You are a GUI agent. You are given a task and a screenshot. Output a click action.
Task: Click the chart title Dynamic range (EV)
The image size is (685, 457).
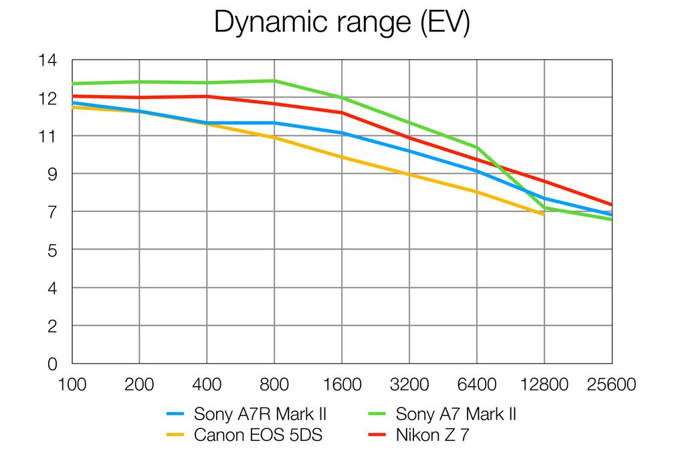pyautogui.click(x=342, y=23)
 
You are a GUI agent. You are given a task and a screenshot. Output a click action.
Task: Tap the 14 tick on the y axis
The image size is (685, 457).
pyautogui.click(x=49, y=60)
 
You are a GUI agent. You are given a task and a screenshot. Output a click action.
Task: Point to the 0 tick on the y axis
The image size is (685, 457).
pyautogui.click(x=52, y=364)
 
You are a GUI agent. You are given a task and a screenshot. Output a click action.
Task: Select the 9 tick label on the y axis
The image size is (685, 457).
pyautogui.click(x=52, y=174)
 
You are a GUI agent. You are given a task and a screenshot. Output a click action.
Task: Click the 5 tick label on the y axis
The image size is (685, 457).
pyautogui.click(x=52, y=250)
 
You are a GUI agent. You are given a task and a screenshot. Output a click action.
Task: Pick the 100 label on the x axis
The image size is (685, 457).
pyautogui.click(x=72, y=385)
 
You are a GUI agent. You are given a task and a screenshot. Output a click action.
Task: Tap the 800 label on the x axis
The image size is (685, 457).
pyautogui.click(x=274, y=385)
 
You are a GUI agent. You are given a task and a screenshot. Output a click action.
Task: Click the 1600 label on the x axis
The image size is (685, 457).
pyautogui.click(x=342, y=385)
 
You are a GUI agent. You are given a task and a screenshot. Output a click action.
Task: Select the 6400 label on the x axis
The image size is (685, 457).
pyautogui.click(x=477, y=385)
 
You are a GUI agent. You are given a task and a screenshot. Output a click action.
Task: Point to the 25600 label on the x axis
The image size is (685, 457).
pyautogui.click(x=611, y=385)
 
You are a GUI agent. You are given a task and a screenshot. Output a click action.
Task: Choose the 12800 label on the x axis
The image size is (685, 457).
pyautogui.click(x=545, y=385)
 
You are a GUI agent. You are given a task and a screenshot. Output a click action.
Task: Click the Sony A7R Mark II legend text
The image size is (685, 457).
pyautogui.click(x=260, y=414)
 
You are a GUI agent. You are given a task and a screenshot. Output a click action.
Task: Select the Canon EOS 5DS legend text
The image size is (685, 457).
pyautogui.click(x=258, y=436)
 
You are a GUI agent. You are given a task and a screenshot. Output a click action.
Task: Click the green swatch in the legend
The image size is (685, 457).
pyautogui.click(x=377, y=415)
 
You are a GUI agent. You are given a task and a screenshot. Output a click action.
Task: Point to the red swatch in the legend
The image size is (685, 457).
pyautogui.click(x=377, y=436)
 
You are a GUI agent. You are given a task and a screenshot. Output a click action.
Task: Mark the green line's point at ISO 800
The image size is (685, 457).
pyautogui.click(x=274, y=81)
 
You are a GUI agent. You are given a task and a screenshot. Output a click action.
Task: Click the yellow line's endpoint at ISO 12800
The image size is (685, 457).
pyautogui.click(x=543, y=214)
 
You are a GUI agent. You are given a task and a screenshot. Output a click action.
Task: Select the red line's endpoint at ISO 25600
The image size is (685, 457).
pyautogui.click(x=611, y=205)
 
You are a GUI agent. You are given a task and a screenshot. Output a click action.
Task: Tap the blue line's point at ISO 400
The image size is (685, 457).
pyautogui.click(x=207, y=123)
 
